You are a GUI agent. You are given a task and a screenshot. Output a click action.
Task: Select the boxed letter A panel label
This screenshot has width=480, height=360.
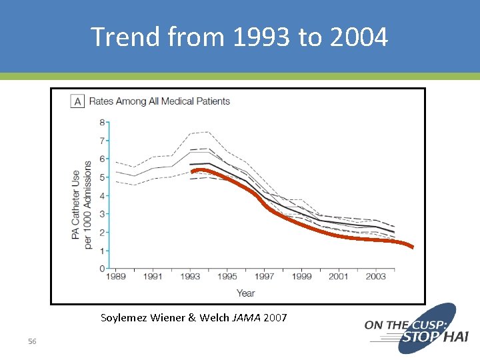pos(77,101)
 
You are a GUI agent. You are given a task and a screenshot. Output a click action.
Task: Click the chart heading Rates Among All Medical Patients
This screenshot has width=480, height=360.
pos(159,101)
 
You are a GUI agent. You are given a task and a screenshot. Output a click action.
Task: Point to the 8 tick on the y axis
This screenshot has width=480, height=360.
pos(101,123)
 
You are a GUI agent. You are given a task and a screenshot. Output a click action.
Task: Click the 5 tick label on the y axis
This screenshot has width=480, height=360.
pos(101,177)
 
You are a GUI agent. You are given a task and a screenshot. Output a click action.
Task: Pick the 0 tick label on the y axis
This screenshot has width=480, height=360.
pos(101,269)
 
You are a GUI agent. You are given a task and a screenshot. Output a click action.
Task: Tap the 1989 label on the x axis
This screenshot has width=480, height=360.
pos(116,277)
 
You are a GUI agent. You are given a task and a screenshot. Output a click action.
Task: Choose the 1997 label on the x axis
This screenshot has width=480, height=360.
pos(265,277)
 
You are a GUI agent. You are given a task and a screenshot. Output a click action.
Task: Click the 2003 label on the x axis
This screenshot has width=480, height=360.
pos(376,277)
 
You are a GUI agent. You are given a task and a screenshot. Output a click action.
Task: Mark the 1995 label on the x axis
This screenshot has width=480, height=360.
pos(227,277)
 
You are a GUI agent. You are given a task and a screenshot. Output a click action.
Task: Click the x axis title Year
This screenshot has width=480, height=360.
pos(245,293)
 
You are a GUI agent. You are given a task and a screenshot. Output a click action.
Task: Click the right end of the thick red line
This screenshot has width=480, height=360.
pos(413,247)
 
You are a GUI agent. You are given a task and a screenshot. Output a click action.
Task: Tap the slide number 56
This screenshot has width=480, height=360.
pos(32,341)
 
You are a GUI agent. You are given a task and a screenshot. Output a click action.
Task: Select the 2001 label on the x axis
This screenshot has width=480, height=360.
pos(339,277)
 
